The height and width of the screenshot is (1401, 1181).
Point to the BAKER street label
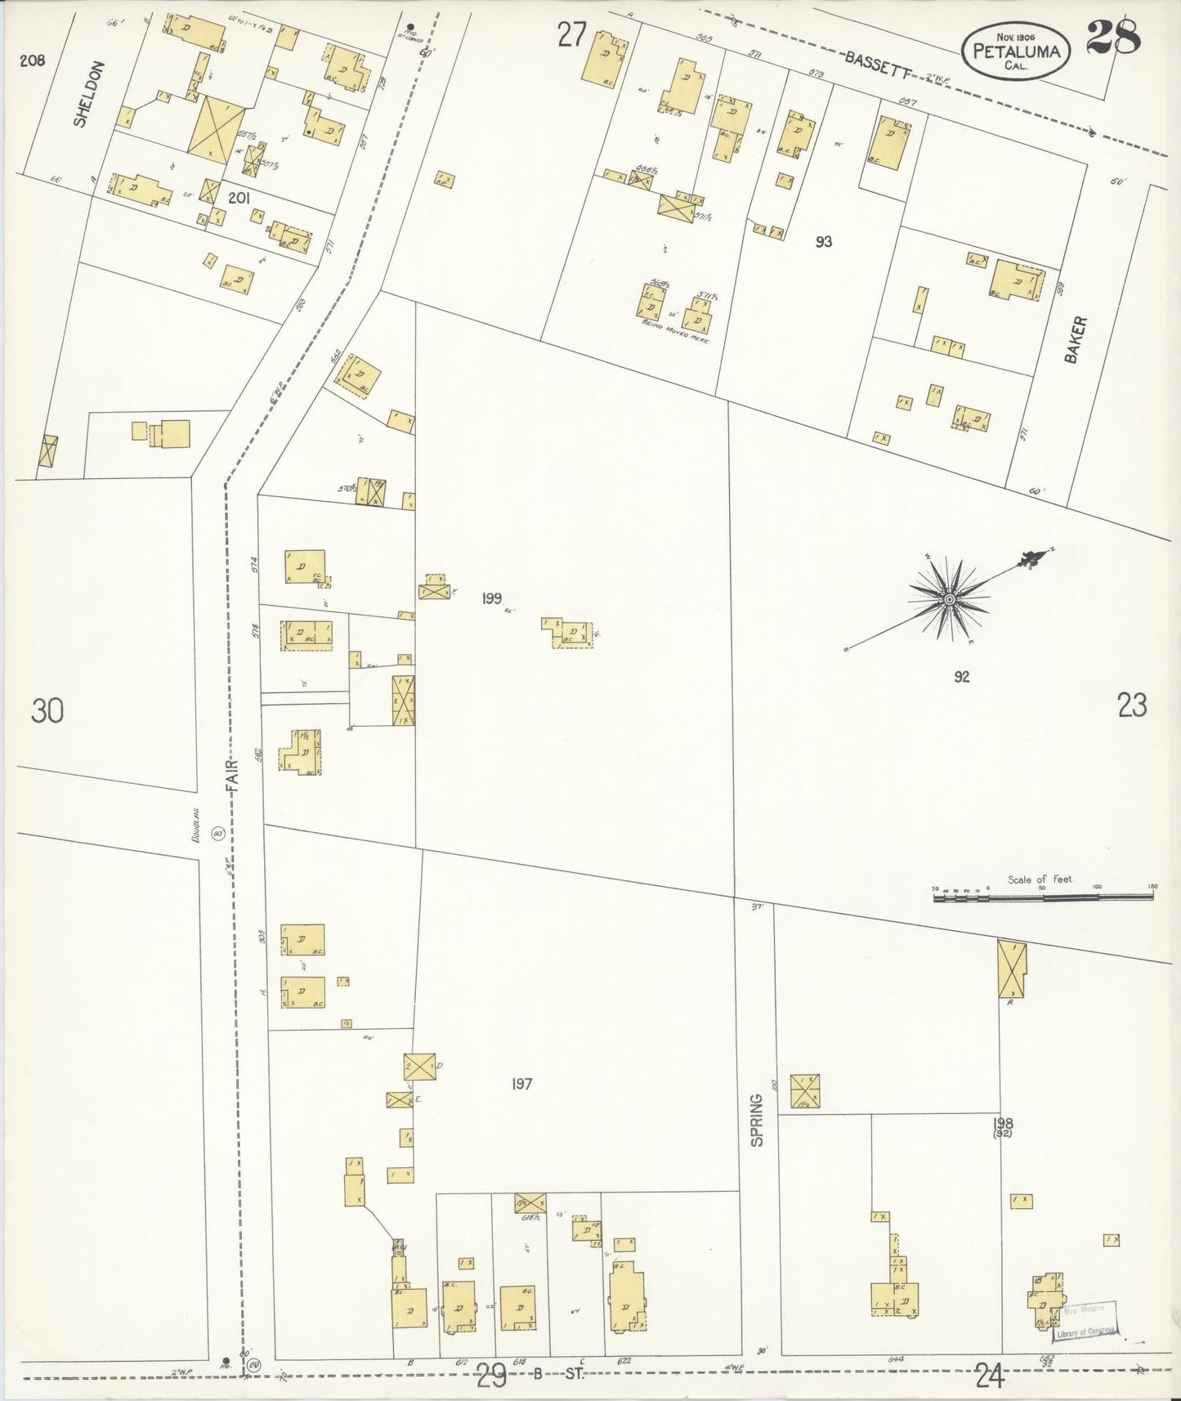(x=1073, y=340)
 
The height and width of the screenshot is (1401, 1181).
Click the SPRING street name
(x=757, y=1120)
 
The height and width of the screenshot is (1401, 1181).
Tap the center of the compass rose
(x=950, y=600)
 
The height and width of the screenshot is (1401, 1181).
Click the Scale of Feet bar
(x=1043, y=897)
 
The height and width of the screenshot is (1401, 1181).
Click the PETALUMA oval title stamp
(x=1016, y=51)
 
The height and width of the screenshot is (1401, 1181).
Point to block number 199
(x=491, y=599)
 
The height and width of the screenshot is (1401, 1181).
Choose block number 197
(x=522, y=1085)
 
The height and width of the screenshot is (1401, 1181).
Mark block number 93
(x=823, y=242)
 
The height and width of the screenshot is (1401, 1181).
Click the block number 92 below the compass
(x=961, y=677)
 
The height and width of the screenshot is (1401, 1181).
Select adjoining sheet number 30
(x=47, y=711)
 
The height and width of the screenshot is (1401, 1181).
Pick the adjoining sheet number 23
(x=1132, y=705)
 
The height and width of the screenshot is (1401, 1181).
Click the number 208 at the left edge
(x=34, y=60)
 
